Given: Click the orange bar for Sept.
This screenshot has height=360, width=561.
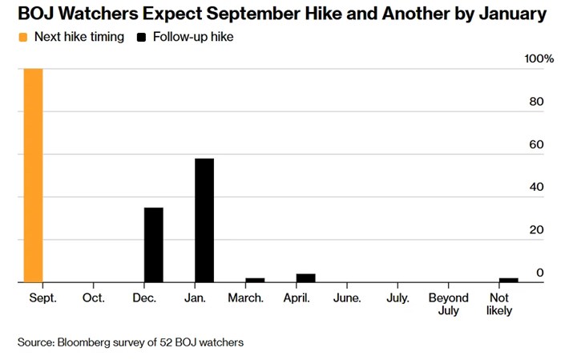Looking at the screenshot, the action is (x=34, y=176).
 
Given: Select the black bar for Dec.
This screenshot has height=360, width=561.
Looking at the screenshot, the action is (x=154, y=245).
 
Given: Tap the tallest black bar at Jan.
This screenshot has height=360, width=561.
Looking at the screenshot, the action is (x=204, y=220).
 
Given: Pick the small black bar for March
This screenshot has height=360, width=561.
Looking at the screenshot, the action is (x=255, y=280).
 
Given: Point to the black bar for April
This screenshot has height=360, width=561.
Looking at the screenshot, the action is (x=306, y=278).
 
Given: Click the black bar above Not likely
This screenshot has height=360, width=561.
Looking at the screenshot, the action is (x=509, y=280).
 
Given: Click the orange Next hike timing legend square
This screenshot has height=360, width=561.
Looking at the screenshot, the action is (x=23, y=37).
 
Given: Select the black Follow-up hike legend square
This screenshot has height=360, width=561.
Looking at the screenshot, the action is (x=141, y=37).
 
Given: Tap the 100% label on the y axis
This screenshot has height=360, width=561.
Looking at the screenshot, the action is (x=539, y=59).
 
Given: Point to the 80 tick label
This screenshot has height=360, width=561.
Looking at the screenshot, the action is (x=537, y=102).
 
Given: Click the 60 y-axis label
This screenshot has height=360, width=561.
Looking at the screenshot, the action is (x=537, y=144).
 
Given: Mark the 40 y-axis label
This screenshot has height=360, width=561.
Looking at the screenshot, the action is (x=537, y=187).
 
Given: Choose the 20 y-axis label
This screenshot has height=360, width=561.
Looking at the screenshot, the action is (x=537, y=230).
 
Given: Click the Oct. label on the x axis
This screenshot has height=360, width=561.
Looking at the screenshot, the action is (x=94, y=297).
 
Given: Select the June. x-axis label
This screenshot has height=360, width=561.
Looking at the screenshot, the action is (x=347, y=297).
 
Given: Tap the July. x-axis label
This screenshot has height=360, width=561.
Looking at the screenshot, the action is (x=398, y=297).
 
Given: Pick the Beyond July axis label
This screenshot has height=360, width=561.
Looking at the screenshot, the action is (x=449, y=304).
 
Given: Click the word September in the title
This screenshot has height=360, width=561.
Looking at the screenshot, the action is (x=253, y=14).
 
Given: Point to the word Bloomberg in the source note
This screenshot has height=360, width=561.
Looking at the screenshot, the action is (x=83, y=342).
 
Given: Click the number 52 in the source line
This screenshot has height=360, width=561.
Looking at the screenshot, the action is (x=166, y=342).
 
